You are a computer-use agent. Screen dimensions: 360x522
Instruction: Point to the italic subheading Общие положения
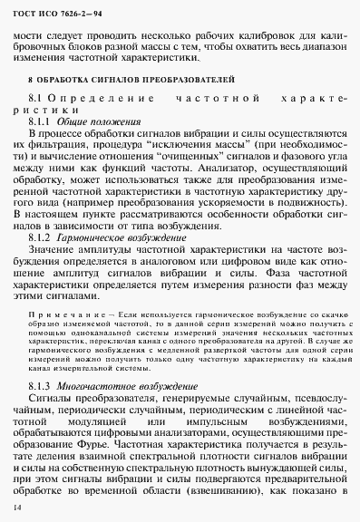tap(98, 121)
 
